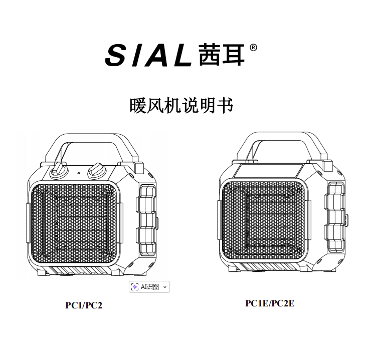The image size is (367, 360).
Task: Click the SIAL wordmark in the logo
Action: [x=148, y=55]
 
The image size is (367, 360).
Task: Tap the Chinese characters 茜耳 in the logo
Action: [x=221, y=54]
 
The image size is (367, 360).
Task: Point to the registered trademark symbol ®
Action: [x=254, y=48]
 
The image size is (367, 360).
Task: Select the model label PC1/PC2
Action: [x=84, y=305]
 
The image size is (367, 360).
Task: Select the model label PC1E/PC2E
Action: [x=270, y=303]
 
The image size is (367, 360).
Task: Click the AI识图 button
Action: [x=145, y=287]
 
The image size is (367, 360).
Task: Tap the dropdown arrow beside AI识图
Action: [x=165, y=287]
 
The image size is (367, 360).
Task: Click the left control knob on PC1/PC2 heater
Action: [x=59, y=170]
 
